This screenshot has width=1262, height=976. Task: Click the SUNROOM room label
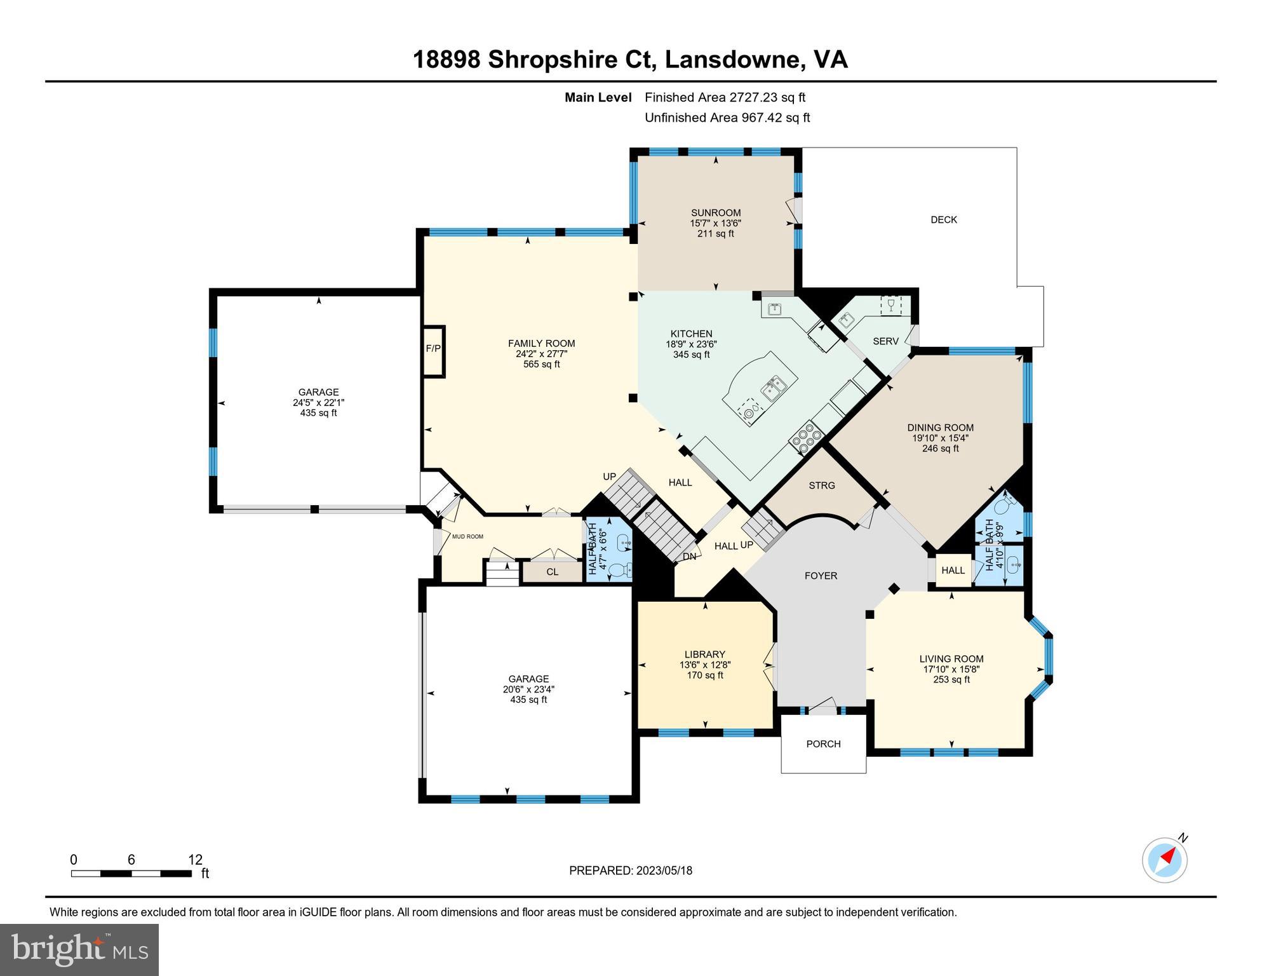pos(716,213)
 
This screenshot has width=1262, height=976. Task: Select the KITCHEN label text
pos(691,334)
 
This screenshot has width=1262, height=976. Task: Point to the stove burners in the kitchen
pos(806,439)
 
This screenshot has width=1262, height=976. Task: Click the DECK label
pos(943,220)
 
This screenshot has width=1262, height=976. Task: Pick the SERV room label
pos(885,341)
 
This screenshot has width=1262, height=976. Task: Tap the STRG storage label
pos(821,485)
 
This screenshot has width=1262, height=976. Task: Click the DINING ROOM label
pos(940,428)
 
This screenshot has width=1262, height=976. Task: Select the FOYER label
pos(821,576)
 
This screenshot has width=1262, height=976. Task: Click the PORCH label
pos(823,744)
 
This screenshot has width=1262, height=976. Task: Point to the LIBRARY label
pos(704,654)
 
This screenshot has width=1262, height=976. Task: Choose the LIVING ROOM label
pos(951,659)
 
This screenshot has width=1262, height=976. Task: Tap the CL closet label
pos(552,572)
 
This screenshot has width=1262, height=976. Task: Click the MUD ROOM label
pos(467,537)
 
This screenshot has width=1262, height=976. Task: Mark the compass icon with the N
pos(1164,860)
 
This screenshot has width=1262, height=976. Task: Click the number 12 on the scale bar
pos(195,860)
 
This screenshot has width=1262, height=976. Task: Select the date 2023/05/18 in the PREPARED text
pos(664,871)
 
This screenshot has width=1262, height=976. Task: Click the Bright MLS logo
pos(79,950)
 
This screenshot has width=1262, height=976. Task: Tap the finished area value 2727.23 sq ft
pos(767,97)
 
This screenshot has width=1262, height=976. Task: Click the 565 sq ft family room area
pos(541,364)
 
